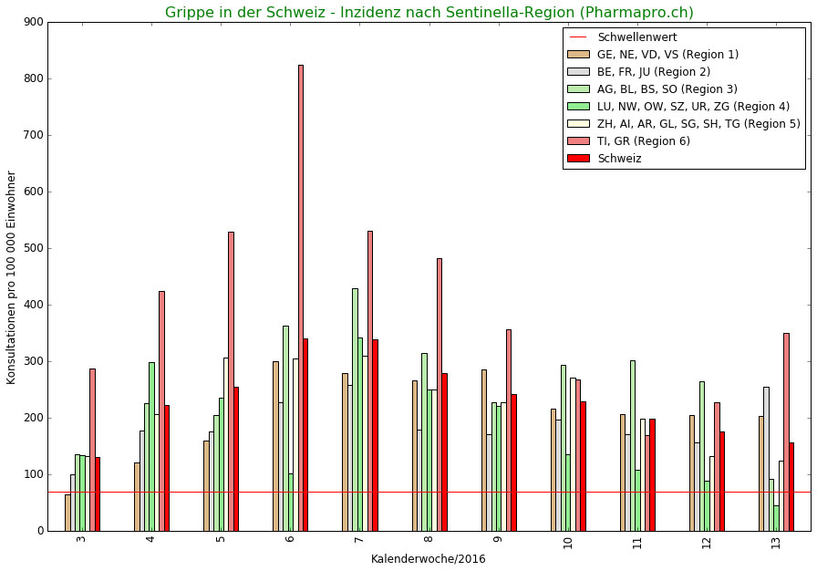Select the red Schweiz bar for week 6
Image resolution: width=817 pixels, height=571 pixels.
305,434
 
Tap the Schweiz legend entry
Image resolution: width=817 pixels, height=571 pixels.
619,159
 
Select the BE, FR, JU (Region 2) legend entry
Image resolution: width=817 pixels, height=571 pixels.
653,72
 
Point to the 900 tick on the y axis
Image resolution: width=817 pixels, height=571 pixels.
36,22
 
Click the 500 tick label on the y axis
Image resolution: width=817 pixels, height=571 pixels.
36,248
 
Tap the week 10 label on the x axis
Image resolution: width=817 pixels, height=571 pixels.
568,543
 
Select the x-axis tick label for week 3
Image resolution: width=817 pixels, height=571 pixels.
81,540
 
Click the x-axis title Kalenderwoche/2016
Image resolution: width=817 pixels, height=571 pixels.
428,558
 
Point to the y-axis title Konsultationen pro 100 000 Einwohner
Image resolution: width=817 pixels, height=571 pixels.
12,277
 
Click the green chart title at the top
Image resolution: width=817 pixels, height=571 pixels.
429,13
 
